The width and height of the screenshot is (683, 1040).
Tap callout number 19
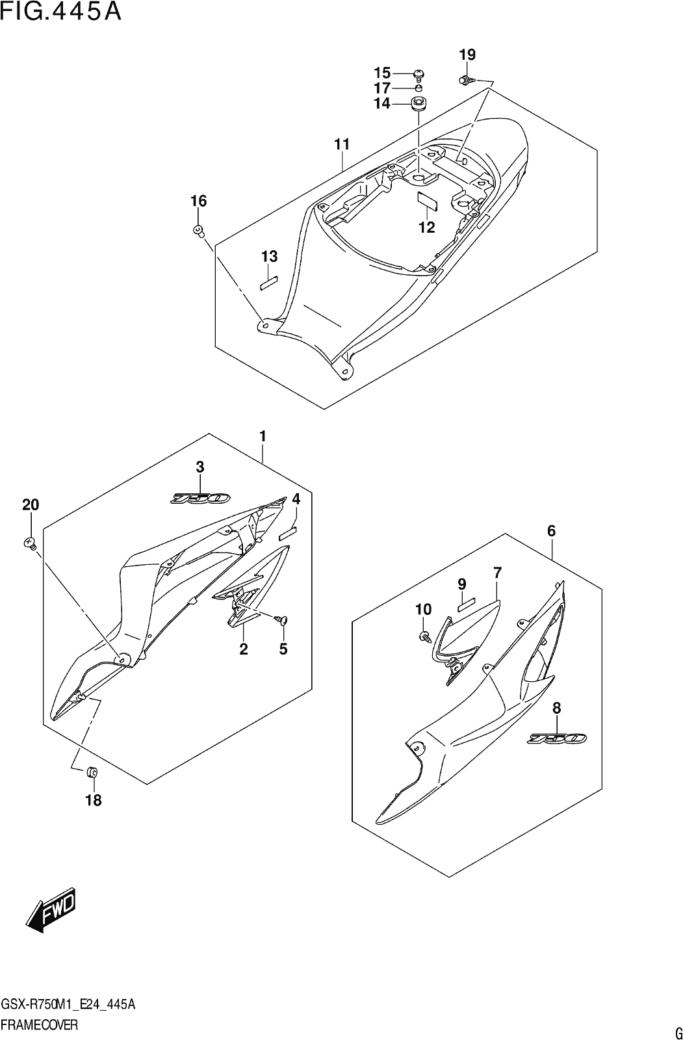pyautogui.click(x=467, y=55)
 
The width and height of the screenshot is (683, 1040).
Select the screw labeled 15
pyautogui.click(x=419, y=73)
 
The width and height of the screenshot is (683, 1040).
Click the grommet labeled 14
pyautogui.click(x=419, y=103)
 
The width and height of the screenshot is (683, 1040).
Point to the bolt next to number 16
pyautogui.click(x=199, y=231)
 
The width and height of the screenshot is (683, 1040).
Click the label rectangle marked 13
pyautogui.click(x=268, y=283)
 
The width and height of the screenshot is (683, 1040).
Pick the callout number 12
pyautogui.click(x=426, y=227)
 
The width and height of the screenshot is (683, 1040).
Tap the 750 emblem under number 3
pyautogui.click(x=200, y=498)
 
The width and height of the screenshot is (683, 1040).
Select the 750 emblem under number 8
pyautogui.click(x=557, y=738)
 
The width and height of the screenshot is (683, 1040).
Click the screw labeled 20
pyautogui.click(x=30, y=542)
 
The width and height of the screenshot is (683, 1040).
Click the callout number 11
pyautogui.click(x=342, y=144)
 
